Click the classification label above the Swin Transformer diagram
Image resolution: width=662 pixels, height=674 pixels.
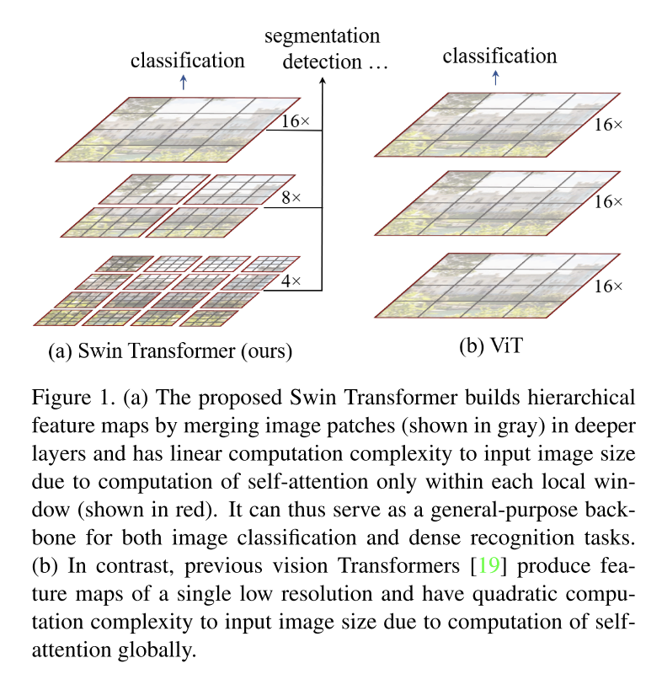coord(187,60)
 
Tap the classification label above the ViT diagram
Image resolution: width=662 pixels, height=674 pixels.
coord(499,56)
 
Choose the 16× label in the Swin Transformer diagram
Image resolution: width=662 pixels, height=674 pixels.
coord(295,121)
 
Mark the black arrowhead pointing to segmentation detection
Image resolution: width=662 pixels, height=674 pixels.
coord(323,83)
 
